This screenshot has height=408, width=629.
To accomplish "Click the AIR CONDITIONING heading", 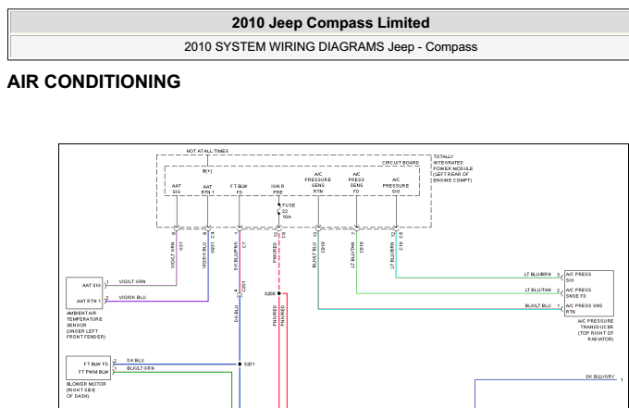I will coord(93,82).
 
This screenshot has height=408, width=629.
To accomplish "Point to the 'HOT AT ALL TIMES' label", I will coord(207,151).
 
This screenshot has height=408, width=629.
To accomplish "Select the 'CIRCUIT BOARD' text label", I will coord(400,162).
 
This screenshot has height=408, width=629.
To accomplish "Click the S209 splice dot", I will coord(278,293).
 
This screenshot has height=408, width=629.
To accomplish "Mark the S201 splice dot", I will coord(240,364).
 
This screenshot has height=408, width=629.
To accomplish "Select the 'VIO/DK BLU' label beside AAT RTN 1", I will coord(132,297).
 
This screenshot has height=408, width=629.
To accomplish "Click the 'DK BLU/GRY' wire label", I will coord(599,377).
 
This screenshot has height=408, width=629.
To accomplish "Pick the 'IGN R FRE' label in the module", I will coord(277,189).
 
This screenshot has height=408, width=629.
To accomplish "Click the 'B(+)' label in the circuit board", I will coord(207,171).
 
